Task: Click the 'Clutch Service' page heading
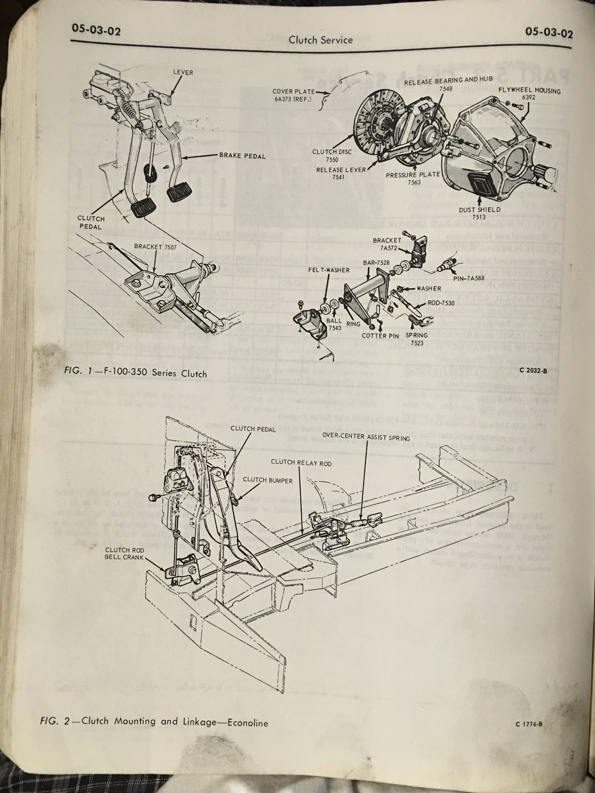(321, 40)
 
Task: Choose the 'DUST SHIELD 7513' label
(487, 212)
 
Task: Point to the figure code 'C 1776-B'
(526, 724)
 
